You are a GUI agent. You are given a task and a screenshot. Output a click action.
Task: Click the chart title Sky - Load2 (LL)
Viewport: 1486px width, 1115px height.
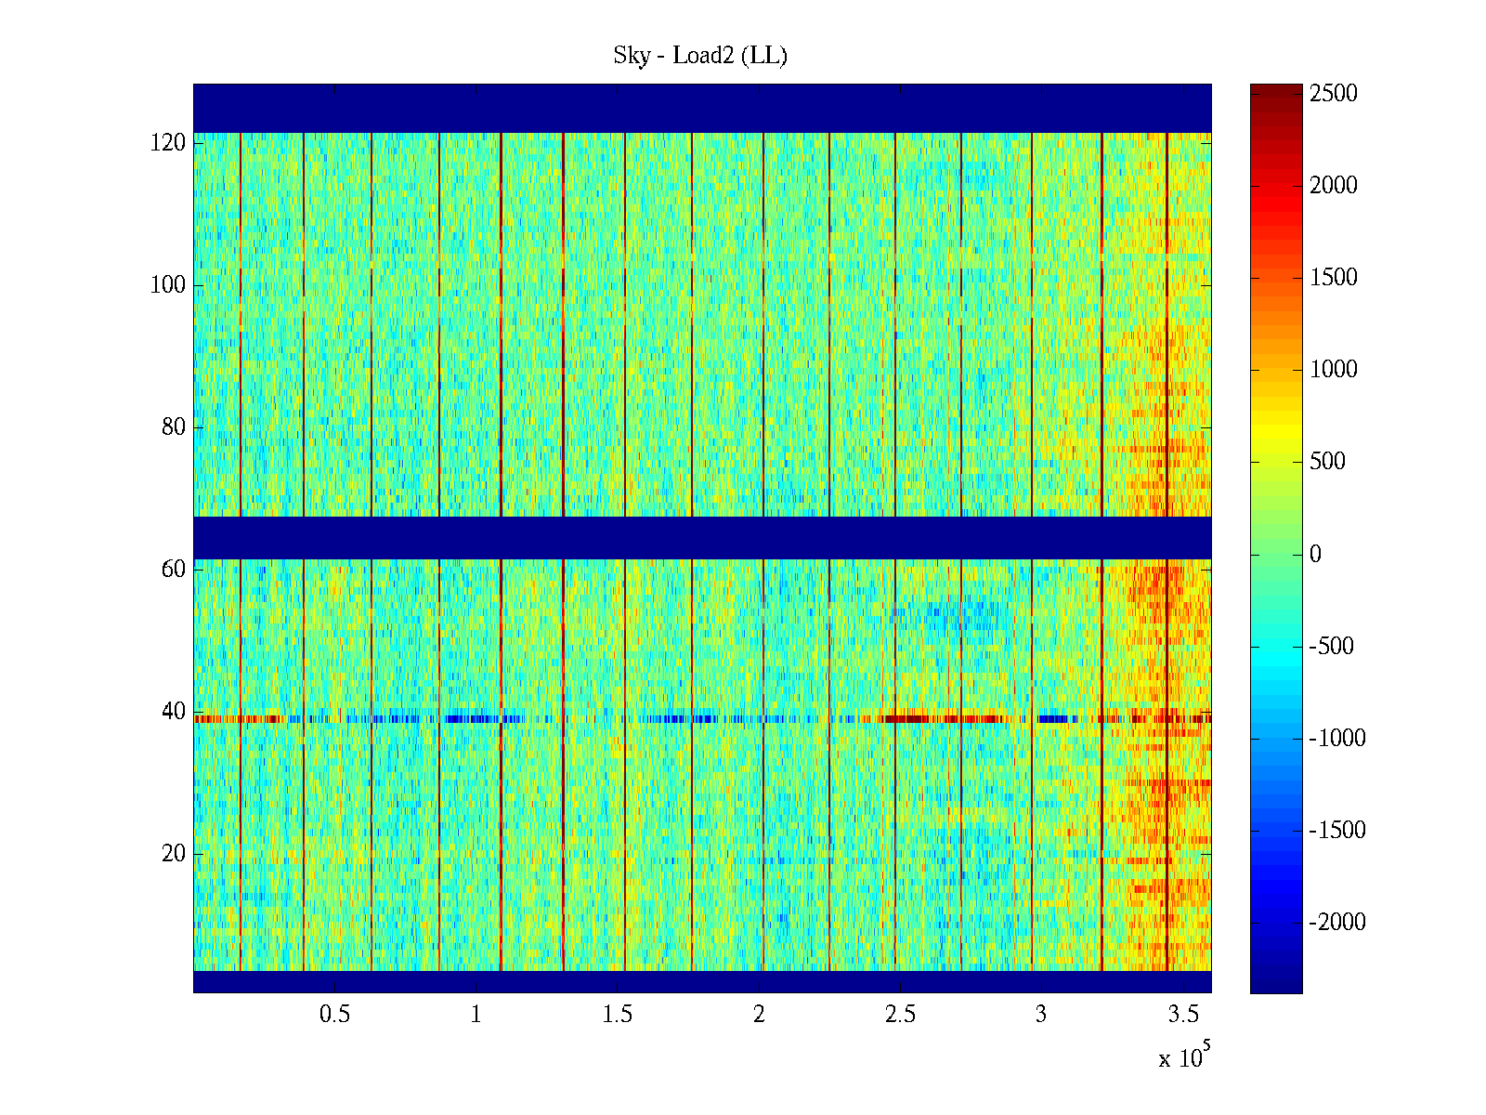point(700,56)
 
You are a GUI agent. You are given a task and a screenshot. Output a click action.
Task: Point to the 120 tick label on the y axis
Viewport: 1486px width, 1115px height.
point(167,143)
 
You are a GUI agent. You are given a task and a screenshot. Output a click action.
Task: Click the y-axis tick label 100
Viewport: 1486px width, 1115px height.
point(167,285)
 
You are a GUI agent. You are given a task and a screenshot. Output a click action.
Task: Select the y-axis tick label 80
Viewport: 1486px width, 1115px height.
point(173,427)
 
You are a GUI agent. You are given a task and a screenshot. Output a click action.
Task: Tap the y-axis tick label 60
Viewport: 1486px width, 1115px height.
point(173,570)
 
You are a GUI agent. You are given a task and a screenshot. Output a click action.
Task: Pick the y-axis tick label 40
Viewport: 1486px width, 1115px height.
point(173,712)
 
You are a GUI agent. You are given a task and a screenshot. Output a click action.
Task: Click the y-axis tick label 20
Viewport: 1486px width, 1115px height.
point(173,854)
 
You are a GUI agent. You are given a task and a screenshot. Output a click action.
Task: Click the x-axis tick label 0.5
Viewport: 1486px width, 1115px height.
point(334,1015)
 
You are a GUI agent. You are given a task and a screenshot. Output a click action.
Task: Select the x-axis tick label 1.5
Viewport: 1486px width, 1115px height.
point(618,1015)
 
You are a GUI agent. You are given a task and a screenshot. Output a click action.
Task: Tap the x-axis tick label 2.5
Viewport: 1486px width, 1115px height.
point(900,1015)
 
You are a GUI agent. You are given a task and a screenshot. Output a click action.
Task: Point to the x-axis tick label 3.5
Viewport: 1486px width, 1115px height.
point(1183,1015)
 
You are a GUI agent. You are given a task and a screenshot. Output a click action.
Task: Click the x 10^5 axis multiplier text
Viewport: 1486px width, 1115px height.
point(1183,1057)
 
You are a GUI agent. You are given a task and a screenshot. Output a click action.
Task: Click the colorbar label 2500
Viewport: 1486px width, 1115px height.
point(1334,94)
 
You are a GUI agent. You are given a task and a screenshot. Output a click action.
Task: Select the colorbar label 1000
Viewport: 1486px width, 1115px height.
point(1334,370)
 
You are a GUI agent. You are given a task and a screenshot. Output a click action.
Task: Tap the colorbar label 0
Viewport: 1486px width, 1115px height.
point(1315,555)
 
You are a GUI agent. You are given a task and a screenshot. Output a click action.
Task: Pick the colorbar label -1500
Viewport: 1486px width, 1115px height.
point(1337,831)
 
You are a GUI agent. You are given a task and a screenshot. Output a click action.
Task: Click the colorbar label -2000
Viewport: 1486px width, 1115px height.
point(1337,923)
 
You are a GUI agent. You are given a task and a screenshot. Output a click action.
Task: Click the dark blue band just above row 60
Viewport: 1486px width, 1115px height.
point(702,537)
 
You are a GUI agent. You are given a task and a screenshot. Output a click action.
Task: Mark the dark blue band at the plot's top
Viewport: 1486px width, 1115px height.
point(702,108)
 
